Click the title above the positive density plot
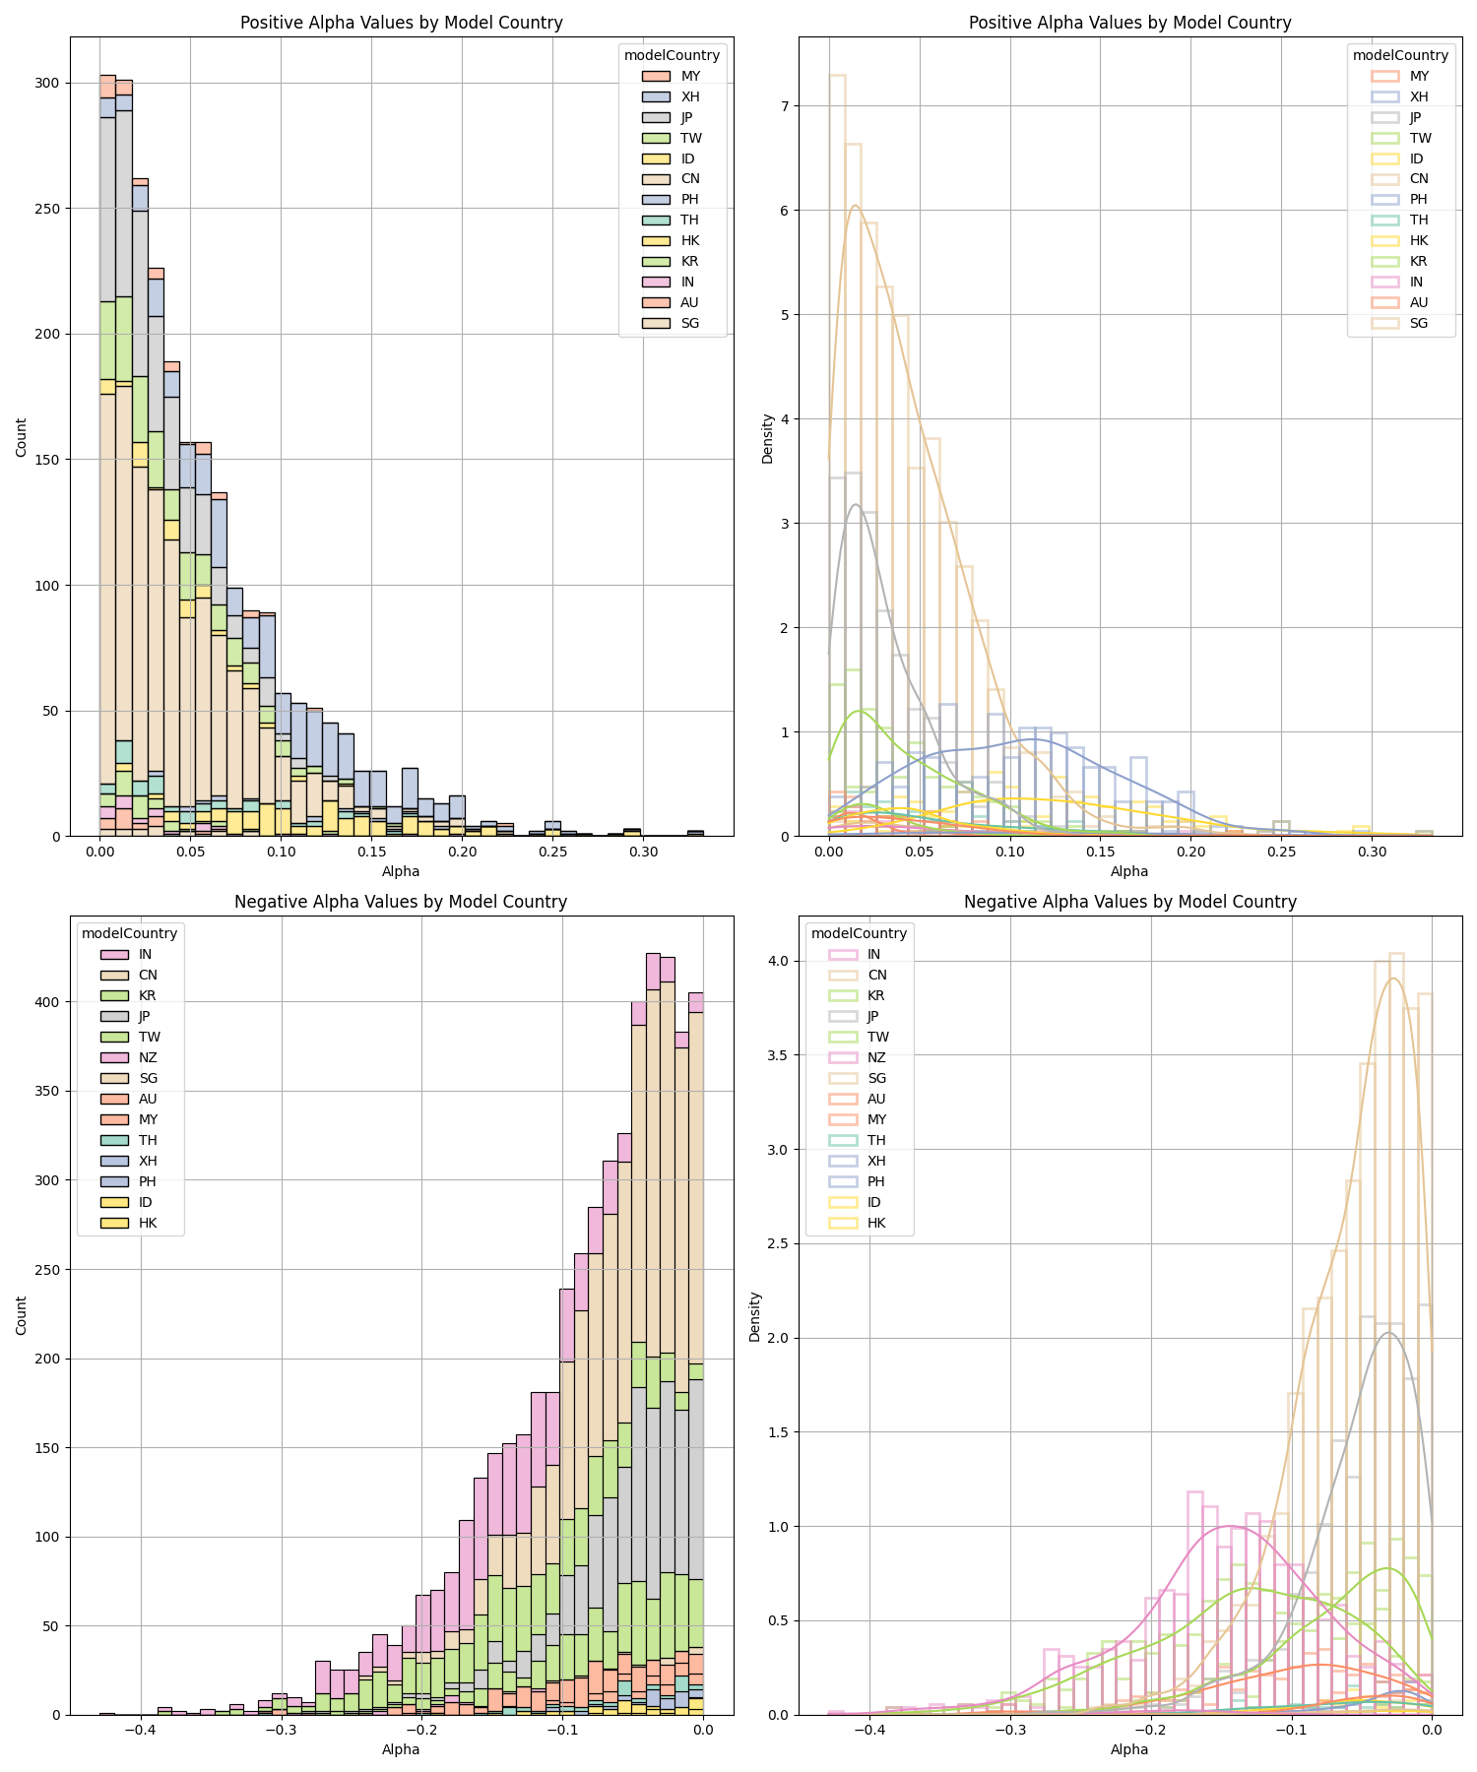(1129, 23)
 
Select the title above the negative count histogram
(401, 902)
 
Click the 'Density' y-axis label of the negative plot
(755, 1317)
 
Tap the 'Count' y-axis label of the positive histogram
(22, 437)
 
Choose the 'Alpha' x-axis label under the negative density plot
(1129, 1749)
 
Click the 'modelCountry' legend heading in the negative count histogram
(129, 933)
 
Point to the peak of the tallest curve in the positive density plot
(855, 206)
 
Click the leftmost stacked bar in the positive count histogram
(107, 453)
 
